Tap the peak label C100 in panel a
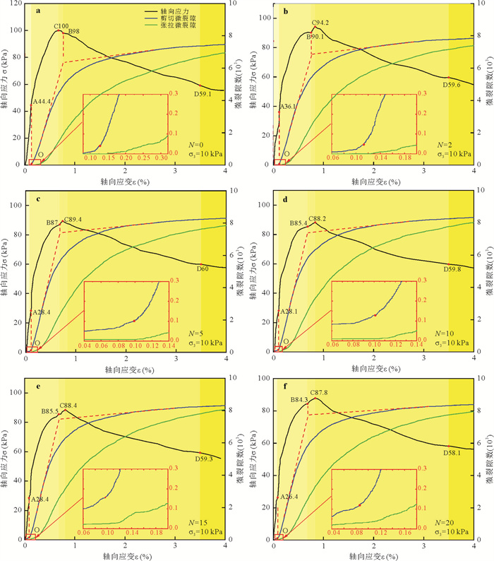click(61, 26)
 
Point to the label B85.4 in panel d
click(301, 223)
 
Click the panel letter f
click(285, 386)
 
